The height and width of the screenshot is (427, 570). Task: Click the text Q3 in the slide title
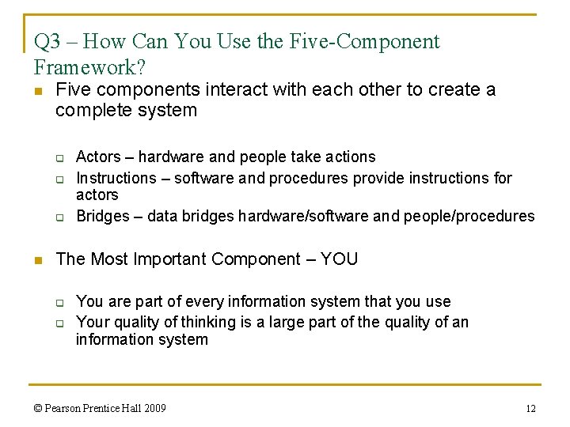(x=47, y=42)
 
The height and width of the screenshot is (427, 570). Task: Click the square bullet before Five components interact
(x=39, y=90)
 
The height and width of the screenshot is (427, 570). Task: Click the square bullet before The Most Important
(x=39, y=260)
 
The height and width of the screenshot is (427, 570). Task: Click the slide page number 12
(x=530, y=409)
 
